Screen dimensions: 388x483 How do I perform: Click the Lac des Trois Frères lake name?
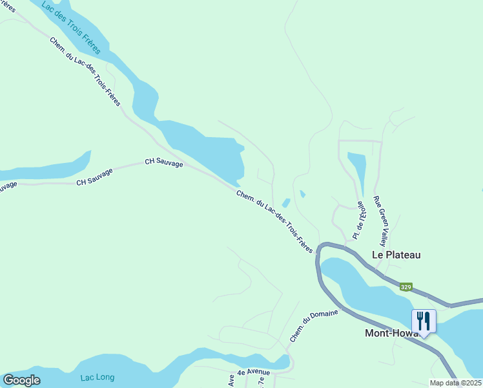point(72,28)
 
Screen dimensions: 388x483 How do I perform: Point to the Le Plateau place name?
point(396,255)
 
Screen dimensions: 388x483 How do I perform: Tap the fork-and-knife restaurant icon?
point(424,321)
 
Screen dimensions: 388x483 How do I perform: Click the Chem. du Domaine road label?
point(314,326)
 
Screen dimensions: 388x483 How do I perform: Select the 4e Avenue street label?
point(253,372)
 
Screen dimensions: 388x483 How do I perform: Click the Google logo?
point(22,380)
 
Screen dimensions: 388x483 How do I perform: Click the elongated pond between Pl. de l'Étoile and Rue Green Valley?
point(358,169)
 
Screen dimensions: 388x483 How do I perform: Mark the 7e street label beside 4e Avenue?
point(261,382)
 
